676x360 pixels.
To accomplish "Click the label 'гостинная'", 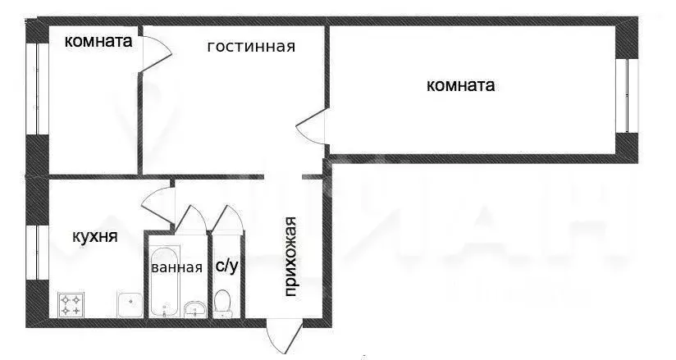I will pos(250,47).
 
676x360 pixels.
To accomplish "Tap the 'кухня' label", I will pos(94,237).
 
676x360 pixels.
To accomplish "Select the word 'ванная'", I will pos(176,267).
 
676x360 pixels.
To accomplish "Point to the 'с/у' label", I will pos(227,266).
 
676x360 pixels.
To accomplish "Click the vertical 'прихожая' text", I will pos(290,256).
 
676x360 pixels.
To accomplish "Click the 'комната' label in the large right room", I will pos(461,85).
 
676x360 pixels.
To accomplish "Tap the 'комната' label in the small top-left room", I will pos(98,41).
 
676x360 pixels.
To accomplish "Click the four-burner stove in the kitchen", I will pos(71,304).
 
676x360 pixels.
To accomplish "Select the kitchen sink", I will pos(130,305).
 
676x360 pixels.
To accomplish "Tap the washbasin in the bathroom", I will pos(194,308).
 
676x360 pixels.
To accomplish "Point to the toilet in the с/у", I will pos(222,303).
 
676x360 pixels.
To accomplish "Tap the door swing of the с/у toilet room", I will pos(226,220).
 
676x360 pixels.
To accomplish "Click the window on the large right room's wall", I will pos(629,94).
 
